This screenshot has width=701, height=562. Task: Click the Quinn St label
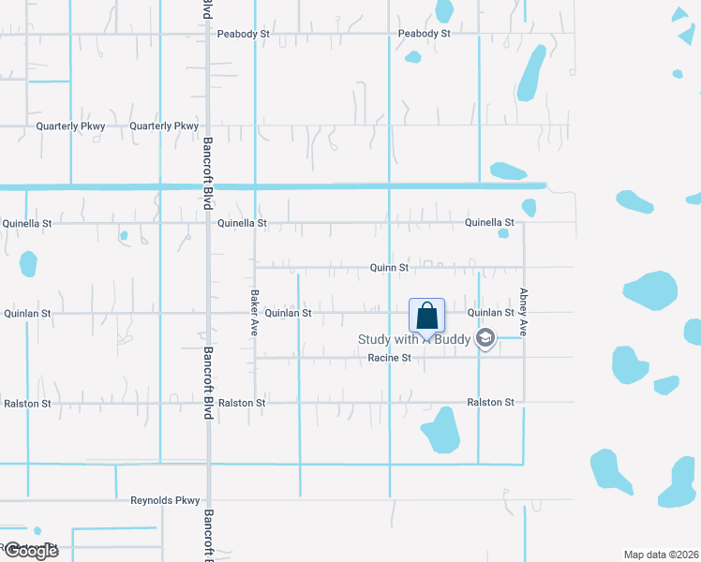[x=389, y=268]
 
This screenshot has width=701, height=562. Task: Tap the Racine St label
[x=389, y=359]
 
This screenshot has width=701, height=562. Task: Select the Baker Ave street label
[x=254, y=313]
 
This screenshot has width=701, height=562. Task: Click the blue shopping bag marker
[x=426, y=317]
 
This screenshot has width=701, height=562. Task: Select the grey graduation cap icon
[x=485, y=338]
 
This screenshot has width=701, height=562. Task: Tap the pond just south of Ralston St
[x=440, y=430]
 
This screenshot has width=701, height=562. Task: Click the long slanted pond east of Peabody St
[x=531, y=73]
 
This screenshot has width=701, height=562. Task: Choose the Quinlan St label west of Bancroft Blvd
[x=28, y=313]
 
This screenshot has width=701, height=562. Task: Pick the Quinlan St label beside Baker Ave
[x=288, y=313]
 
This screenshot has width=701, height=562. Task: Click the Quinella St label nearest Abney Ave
[x=489, y=223]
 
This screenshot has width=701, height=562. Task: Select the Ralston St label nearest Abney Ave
[x=491, y=403]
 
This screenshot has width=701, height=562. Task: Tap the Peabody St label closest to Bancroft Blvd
[x=244, y=34]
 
